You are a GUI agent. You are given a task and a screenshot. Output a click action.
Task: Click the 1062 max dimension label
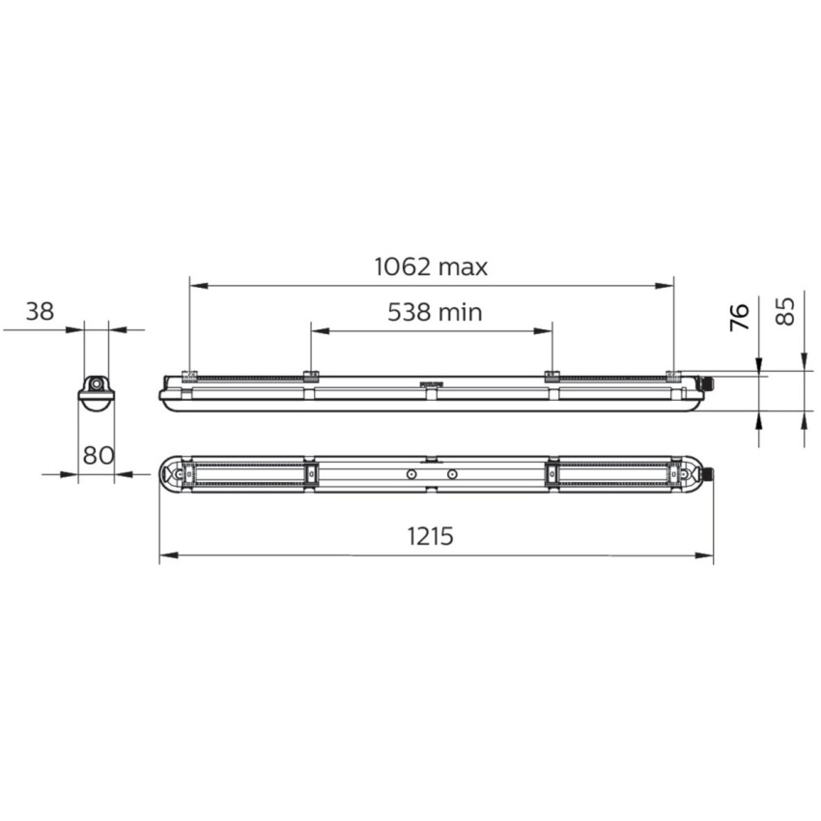(431, 267)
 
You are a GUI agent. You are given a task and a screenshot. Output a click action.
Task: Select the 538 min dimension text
(435, 312)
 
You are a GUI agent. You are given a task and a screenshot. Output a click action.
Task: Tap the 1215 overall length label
(431, 536)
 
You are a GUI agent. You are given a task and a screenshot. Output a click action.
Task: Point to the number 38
(40, 312)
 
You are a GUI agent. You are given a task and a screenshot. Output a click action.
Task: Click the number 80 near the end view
(99, 456)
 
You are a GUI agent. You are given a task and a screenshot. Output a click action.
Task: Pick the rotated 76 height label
(739, 317)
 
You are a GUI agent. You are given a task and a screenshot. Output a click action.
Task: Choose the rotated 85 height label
(785, 311)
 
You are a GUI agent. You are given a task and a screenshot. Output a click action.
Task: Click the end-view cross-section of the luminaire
(97, 393)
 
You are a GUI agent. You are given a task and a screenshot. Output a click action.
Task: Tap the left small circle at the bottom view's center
(411, 474)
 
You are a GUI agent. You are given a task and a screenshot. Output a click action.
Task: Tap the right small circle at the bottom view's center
(452, 474)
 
